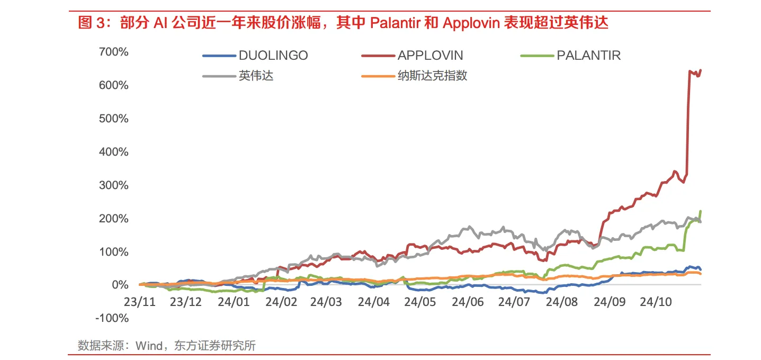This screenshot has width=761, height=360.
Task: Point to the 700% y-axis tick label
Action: point(113,52)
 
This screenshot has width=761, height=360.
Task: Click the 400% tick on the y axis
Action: point(113,152)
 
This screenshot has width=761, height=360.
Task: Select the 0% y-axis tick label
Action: point(120,285)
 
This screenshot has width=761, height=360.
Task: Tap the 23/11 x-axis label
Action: point(139,302)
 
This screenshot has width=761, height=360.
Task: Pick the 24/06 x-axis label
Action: point(468,302)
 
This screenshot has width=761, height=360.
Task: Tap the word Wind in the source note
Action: point(149,346)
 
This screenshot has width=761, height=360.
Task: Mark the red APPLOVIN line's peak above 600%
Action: point(701,70)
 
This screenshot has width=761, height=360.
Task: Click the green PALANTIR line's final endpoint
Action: point(701,211)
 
